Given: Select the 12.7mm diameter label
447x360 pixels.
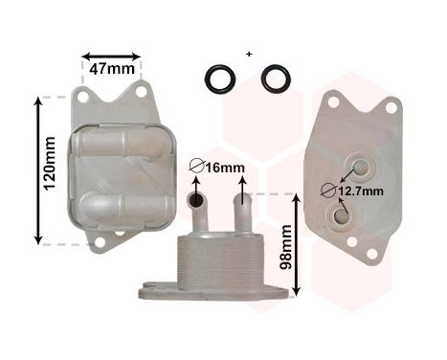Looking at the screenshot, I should (362, 191).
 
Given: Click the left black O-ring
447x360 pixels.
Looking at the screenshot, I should (220, 79).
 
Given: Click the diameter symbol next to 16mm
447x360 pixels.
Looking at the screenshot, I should (195, 169).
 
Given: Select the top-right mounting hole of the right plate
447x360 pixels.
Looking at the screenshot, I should (390, 107).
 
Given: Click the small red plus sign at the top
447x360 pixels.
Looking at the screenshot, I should (248, 54).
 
